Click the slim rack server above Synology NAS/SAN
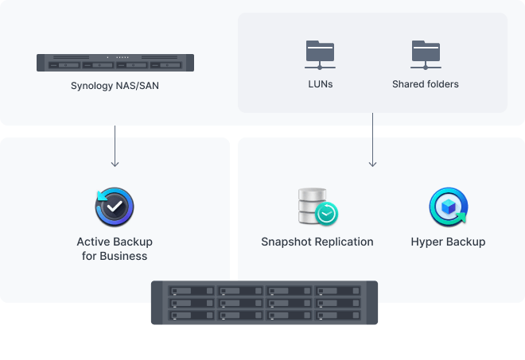coord(115,63)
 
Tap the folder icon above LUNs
coord(320,54)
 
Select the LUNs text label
coord(320,83)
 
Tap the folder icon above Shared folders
coord(426,54)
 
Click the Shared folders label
coord(426,83)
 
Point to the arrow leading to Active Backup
coord(115,147)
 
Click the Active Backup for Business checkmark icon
coord(115,207)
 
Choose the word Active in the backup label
coord(93,242)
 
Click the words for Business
coord(115,256)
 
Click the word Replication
coord(344,242)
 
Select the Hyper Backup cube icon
coord(448,207)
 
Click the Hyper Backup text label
coord(448,242)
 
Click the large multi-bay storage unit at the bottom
coord(265,303)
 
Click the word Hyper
coord(427,242)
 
